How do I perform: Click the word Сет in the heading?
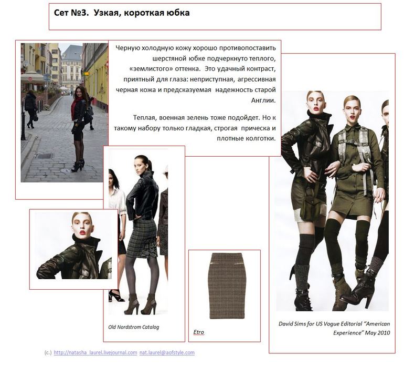[61, 13]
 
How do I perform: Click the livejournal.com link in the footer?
[95, 352]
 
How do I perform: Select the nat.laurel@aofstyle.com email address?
[167, 352]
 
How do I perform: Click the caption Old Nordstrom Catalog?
[133, 327]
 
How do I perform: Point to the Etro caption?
[198, 332]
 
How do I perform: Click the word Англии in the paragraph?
[263, 100]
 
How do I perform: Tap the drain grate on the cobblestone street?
[45, 156]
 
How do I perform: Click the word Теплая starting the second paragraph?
[145, 117]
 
